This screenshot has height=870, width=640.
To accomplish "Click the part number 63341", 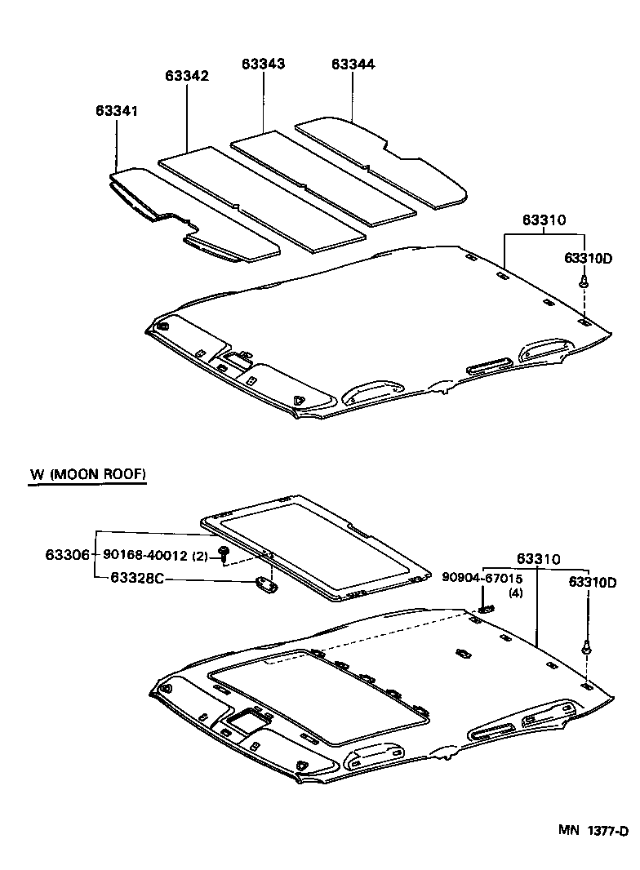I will [117, 109].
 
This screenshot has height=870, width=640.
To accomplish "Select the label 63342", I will [187, 76].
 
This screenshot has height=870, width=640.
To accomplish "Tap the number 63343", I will [263, 64].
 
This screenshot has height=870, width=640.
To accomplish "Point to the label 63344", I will [353, 64].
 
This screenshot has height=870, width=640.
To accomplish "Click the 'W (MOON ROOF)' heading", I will [87, 474].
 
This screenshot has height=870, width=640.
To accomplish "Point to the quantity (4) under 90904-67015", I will [515, 593].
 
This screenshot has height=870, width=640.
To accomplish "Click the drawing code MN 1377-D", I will [593, 831].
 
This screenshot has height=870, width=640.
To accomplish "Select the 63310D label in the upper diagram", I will [588, 259].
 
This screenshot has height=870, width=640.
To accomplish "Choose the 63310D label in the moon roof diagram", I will [592, 582].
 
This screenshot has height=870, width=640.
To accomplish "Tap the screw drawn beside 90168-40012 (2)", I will [223, 555].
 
